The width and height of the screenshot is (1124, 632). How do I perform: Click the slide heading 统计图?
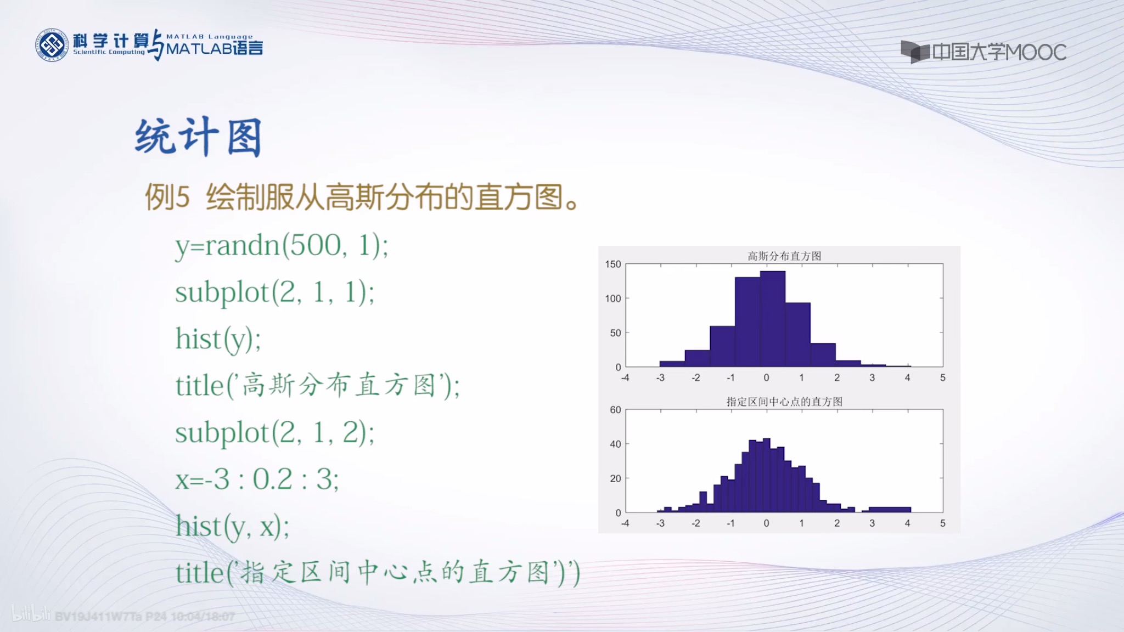coord(198,137)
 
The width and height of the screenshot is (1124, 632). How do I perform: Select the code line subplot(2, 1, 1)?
coord(274,292)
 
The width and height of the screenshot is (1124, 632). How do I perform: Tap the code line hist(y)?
coord(218,339)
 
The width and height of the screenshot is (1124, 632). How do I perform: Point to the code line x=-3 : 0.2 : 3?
coord(257,479)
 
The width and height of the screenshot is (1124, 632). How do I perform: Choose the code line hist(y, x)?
coord(232,527)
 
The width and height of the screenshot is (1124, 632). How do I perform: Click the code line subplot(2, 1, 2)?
coord(274,433)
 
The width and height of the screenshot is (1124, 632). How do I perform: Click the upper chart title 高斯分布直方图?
coord(784,256)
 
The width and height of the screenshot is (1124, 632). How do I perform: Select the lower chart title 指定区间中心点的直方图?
coord(784,402)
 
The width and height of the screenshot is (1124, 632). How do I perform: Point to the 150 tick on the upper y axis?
coord(612,264)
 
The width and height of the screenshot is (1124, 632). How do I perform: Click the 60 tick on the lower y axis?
coord(615,410)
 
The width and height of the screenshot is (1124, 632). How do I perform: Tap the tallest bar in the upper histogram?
coord(772,318)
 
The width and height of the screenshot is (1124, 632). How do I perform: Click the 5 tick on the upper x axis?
coord(942,377)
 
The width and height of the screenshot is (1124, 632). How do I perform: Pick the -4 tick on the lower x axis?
coord(625,523)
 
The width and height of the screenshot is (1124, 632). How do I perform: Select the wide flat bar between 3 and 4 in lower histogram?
coord(889,510)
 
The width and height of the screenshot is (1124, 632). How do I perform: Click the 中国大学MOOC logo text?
coord(998,53)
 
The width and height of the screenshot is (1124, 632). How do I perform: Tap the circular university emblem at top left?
coord(52,45)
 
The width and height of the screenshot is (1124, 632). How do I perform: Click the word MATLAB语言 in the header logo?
coord(214,49)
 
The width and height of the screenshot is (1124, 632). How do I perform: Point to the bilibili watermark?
coord(31,614)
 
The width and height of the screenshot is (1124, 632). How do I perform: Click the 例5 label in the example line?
coord(167,198)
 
